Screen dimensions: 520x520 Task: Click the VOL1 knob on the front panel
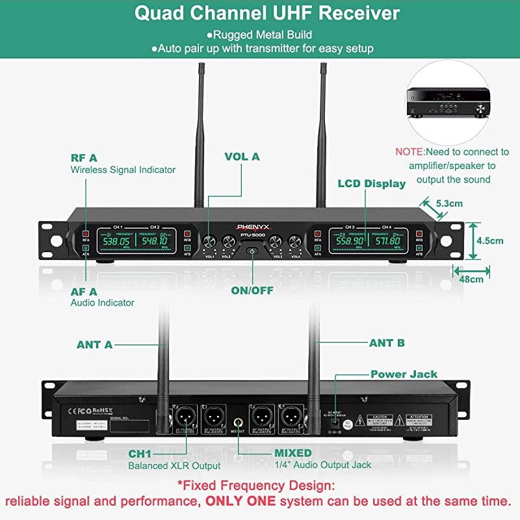209,241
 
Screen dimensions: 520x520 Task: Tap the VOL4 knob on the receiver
296,241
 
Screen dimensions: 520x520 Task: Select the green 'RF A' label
84,157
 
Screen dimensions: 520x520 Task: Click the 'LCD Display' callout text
371,184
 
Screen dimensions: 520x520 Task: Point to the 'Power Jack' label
404,374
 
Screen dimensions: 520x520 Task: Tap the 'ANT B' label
387,343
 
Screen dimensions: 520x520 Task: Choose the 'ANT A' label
94,345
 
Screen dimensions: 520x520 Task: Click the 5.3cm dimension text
449,203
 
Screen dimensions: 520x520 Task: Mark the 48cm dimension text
471,279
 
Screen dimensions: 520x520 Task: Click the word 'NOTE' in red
409,151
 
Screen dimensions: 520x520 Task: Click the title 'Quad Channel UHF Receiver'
267,14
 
